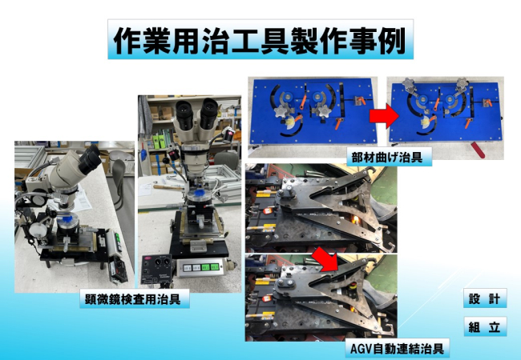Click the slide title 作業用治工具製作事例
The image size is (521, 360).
pyautogui.click(x=260, y=40)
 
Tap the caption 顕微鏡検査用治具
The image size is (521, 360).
pyautogui.click(x=132, y=299)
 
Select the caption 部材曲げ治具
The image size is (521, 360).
pyautogui.click(x=387, y=157)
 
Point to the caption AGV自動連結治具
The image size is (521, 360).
pyautogui.click(x=397, y=348)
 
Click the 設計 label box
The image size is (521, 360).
pyautogui.click(x=485, y=298)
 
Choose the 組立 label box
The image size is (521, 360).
pyautogui.click(x=485, y=326)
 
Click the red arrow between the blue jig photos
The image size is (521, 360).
pyautogui.click(x=384, y=116)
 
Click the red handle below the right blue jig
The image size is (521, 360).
pyautogui.click(x=477, y=150)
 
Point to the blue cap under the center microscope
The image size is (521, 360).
pyautogui.click(x=200, y=193)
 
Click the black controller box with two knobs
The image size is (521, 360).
pyautogui.click(x=155, y=269)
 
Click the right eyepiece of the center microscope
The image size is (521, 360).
pyautogui.click(x=208, y=113)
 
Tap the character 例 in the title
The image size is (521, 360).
pyautogui.click(x=393, y=41)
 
